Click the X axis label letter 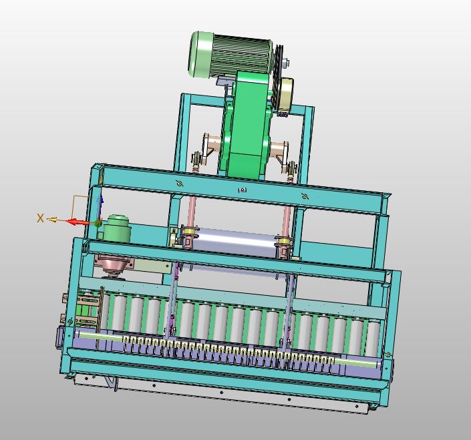click(40, 218)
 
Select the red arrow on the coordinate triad click(77, 222)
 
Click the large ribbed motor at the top click(230, 55)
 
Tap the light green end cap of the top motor click(200, 54)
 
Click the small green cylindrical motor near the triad click(117, 229)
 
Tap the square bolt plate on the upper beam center click(242, 190)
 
